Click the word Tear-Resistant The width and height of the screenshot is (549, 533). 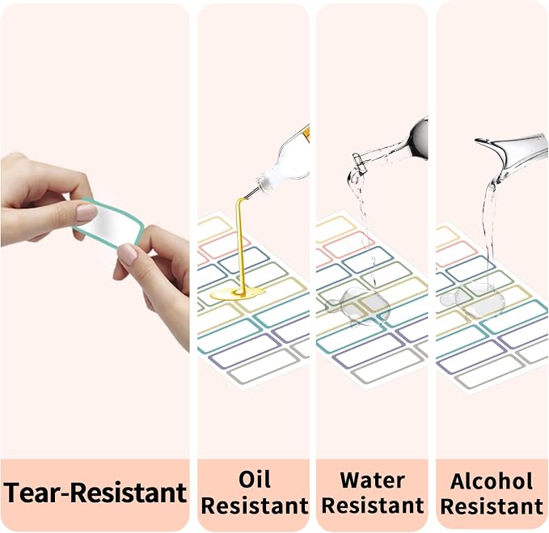point(95,493)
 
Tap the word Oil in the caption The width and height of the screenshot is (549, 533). point(255,480)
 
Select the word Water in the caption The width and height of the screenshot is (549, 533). point(373,480)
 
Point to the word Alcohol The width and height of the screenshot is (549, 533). point(492,480)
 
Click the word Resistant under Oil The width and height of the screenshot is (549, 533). point(255,506)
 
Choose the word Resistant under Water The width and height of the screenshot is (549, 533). point(373,506)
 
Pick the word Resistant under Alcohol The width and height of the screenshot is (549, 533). point(492,506)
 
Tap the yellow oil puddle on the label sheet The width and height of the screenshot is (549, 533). point(238,293)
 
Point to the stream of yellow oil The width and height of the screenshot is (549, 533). point(240,245)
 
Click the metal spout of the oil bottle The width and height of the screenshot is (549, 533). point(251,193)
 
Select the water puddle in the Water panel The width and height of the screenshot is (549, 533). point(357,306)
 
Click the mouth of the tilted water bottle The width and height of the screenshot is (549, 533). point(358,160)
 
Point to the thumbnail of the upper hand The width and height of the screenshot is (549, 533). point(87,212)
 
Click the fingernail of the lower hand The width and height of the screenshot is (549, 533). point(127,253)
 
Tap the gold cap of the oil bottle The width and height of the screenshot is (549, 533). point(306,134)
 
